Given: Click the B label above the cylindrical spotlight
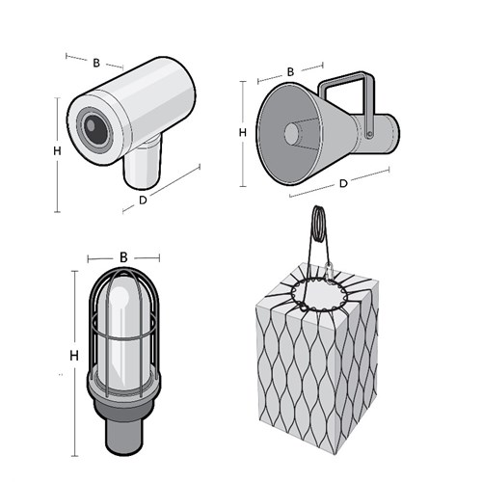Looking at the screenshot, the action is [x=96, y=63].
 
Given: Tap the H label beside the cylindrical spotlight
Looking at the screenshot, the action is [x=57, y=150].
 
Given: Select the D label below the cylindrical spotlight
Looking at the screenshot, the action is [x=143, y=200].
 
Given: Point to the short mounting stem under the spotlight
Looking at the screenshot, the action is [x=142, y=166].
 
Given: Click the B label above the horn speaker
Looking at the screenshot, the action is [x=290, y=72].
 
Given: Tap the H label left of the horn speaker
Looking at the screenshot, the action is [x=243, y=132].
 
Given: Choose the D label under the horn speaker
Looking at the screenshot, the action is [x=343, y=183].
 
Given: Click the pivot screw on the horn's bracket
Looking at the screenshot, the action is [x=370, y=134].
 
